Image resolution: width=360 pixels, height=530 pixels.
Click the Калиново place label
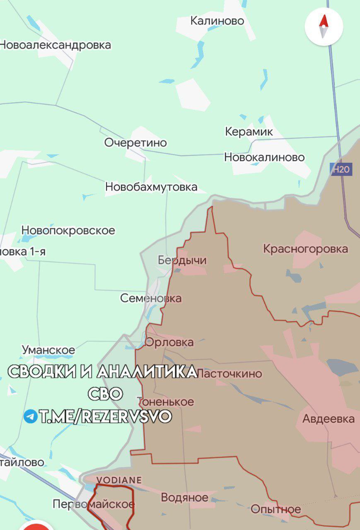click(217, 21)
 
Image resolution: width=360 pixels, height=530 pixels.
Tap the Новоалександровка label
click(55, 45)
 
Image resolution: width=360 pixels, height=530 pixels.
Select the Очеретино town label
click(135, 143)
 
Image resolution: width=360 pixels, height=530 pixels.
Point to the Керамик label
click(249, 132)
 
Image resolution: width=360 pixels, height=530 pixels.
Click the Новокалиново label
click(264, 157)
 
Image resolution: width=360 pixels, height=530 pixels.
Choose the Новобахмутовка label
click(151, 187)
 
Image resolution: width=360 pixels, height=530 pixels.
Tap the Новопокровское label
click(68, 230)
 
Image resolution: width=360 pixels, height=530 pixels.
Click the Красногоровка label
click(306, 249)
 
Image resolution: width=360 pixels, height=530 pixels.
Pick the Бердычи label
click(182, 260)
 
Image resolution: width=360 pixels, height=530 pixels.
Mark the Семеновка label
click(151, 298)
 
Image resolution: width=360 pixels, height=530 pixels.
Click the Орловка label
click(169, 342)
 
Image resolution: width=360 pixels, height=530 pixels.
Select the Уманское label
click(48, 350)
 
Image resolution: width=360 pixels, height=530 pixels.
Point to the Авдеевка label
click(329, 419)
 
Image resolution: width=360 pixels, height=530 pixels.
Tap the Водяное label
click(184, 497)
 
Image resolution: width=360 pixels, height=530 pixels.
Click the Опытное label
click(276, 509)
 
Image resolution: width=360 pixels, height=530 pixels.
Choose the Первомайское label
click(94, 504)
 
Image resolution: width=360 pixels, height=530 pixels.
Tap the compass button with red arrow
click(324, 26)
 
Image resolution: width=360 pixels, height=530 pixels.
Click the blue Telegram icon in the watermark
click(30, 417)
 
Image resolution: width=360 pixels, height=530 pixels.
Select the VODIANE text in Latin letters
click(119, 480)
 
